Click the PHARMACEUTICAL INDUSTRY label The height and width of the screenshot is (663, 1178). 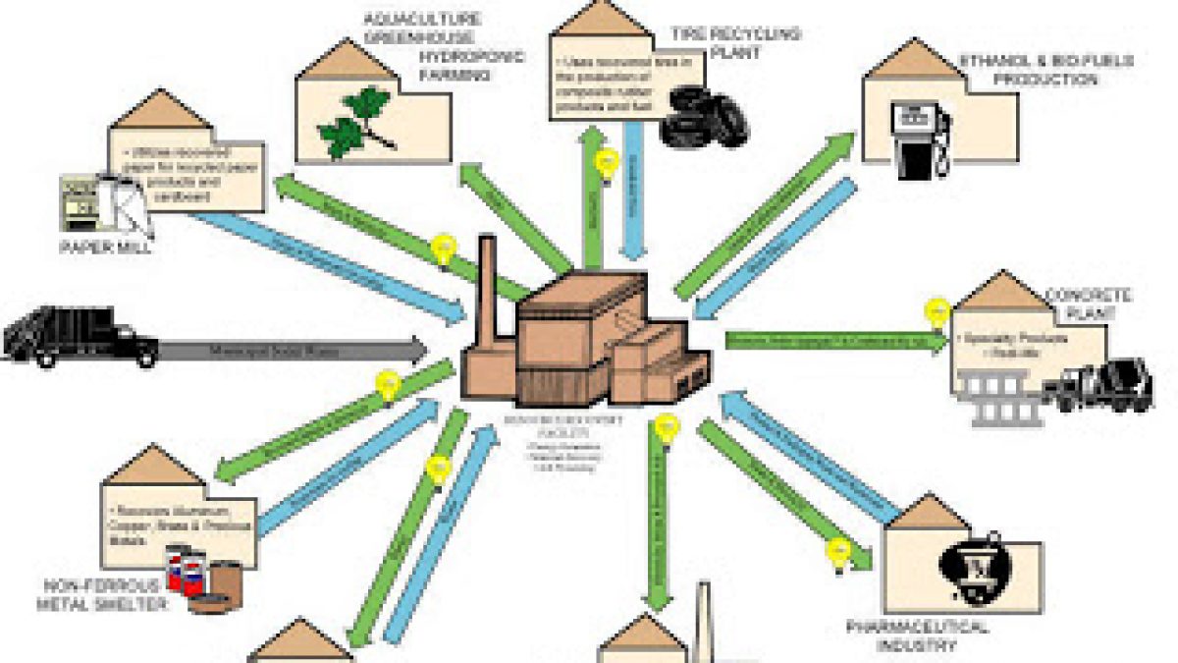point(919,636)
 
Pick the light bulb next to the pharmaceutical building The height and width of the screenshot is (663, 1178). point(838,553)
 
